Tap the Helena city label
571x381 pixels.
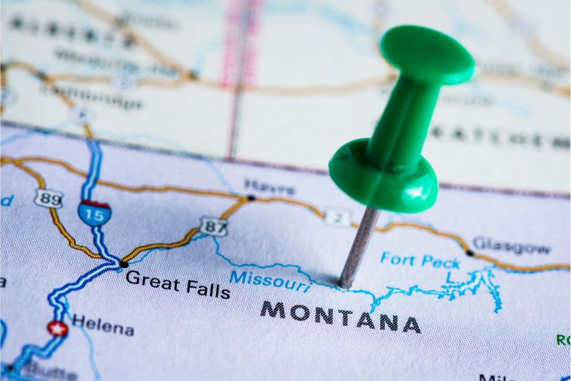click(103, 325)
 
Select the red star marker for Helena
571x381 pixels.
click(57, 329)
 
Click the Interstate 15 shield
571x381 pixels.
click(94, 214)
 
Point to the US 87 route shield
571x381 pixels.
click(214, 225)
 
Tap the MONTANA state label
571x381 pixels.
click(340, 316)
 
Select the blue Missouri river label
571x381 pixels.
click(270, 281)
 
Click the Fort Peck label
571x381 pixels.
click(420, 261)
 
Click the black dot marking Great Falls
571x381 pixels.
click(124, 264)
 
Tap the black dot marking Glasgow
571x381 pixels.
click(470, 253)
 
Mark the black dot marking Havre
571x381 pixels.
click(251, 198)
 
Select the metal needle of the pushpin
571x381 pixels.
click(359, 245)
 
